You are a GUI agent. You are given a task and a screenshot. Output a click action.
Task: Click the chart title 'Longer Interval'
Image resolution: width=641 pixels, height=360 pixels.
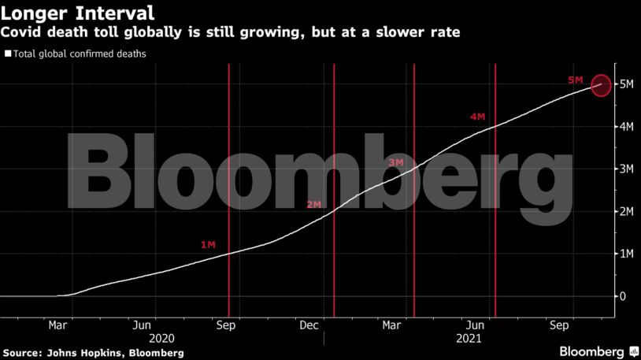[76, 13]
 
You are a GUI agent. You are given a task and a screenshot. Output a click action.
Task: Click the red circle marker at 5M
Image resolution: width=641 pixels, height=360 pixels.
[601, 84]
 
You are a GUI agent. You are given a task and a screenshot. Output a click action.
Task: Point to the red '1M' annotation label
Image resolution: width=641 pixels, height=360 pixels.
[208, 245]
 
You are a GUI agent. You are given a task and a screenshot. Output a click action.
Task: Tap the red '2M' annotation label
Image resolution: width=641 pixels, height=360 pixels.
[314, 204]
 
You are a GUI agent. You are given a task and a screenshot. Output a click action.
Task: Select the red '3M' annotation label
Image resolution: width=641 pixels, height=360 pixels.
[396, 162]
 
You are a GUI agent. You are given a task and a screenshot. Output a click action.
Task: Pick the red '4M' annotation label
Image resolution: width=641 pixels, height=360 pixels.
[477, 117]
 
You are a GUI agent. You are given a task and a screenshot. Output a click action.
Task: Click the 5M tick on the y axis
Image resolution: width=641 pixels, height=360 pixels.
[628, 84]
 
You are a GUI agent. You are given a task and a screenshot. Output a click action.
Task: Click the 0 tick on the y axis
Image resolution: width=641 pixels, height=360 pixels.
[623, 296]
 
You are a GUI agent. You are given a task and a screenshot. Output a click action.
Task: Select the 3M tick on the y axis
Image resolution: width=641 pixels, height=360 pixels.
[628, 169]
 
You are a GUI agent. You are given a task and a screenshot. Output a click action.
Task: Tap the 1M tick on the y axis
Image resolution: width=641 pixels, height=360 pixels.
[628, 254]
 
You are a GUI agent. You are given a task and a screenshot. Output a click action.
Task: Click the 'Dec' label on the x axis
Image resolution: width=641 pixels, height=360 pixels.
[309, 325]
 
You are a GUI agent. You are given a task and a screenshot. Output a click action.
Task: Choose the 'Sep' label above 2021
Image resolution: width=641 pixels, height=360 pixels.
[560, 325]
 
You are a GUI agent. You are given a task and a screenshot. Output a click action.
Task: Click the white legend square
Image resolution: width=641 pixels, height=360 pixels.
[8, 54]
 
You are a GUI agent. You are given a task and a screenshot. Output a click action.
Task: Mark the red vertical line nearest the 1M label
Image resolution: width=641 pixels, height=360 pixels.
[228, 189]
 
